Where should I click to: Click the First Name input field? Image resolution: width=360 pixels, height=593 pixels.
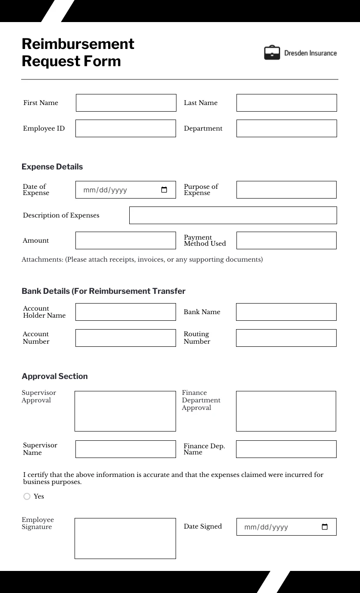pyautogui.click(x=126, y=103)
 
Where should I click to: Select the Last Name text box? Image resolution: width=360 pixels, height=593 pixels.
pyautogui.click(x=286, y=103)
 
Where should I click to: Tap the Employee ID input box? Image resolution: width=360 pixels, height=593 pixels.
pyautogui.click(x=126, y=128)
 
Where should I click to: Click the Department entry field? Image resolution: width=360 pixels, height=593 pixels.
pyautogui.click(x=286, y=128)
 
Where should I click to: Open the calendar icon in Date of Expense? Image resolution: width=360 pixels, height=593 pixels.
pyautogui.click(x=164, y=190)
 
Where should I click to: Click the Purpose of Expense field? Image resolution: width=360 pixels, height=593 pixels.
pyautogui.click(x=286, y=190)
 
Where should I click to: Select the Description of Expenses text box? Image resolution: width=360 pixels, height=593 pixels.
pyautogui.click(x=233, y=215)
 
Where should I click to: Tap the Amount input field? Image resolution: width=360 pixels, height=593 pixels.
pyautogui.click(x=126, y=240)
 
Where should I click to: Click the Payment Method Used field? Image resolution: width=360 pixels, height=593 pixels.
pyautogui.click(x=286, y=240)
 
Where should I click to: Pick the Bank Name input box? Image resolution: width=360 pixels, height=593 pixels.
pyautogui.click(x=286, y=312)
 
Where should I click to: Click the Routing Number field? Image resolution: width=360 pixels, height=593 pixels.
pyautogui.click(x=286, y=338)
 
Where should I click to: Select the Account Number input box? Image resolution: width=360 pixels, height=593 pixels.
pyautogui.click(x=126, y=338)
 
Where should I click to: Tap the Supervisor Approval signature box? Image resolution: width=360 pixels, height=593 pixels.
pyautogui.click(x=125, y=411)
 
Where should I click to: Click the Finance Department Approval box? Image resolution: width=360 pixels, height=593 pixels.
pyautogui.click(x=286, y=411)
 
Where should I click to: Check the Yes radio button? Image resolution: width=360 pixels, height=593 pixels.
pyautogui.click(x=27, y=496)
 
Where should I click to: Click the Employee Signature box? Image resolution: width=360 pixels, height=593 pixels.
pyautogui.click(x=125, y=538)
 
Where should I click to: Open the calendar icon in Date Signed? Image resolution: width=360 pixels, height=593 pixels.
pyautogui.click(x=325, y=527)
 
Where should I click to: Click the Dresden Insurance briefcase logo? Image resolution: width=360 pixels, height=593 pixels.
pyautogui.click(x=272, y=53)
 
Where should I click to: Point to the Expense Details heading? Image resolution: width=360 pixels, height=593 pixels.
pyautogui.click(x=52, y=167)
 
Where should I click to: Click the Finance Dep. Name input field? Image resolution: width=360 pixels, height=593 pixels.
pyautogui.click(x=286, y=449)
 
